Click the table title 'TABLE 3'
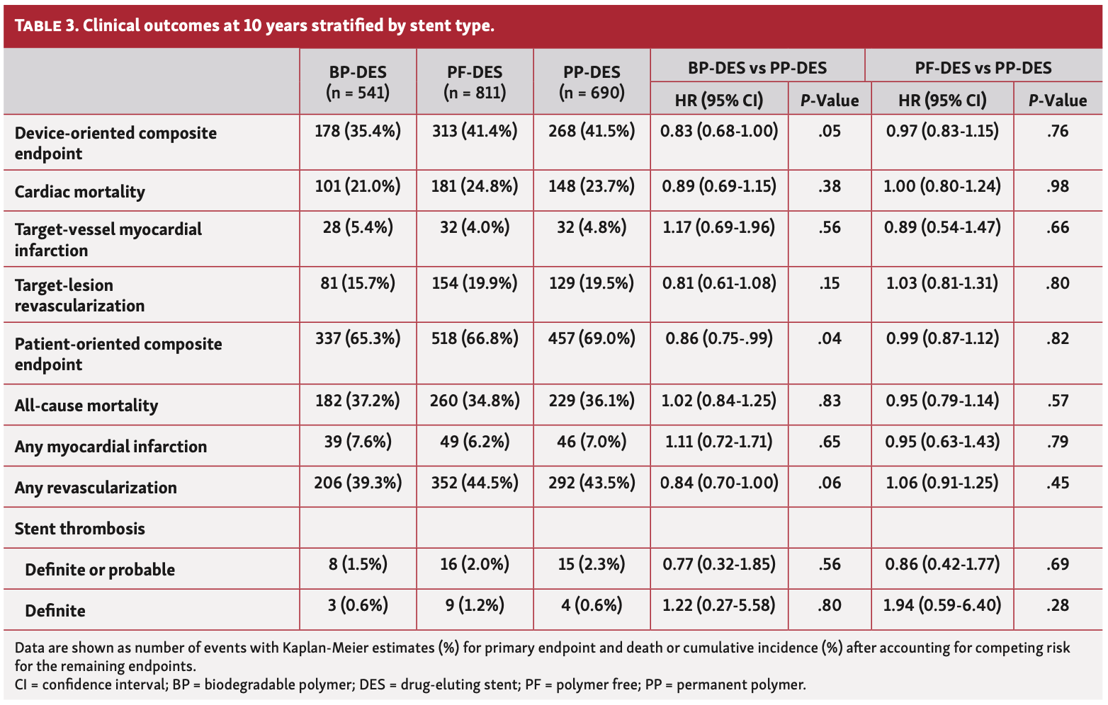point(45,26)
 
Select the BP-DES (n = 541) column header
point(358,82)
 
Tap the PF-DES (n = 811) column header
point(475,82)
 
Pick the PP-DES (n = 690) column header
point(592,82)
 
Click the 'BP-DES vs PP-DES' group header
point(757,68)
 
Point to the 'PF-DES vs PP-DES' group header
point(983,68)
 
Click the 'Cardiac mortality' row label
point(79,192)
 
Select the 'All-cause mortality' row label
point(86,406)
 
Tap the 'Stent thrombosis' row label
point(79,529)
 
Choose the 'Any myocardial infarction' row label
point(111,447)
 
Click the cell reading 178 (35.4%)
point(358,131)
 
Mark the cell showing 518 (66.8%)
point(475,339)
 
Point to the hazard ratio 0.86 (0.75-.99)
point(719,339)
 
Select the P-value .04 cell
point(829,339)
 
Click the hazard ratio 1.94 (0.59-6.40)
point(942,606)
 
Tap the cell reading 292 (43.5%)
point(592,483)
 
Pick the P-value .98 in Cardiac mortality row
point(1057,187)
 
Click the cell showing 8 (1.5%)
point(358,565)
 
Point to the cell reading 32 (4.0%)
point(475,228)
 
